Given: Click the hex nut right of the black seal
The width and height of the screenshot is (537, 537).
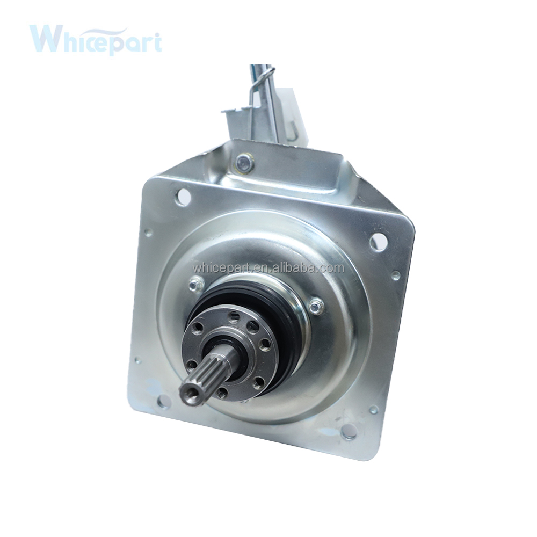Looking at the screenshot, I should pos(316,307).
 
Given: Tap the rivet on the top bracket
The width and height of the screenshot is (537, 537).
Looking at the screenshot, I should pos(244,163).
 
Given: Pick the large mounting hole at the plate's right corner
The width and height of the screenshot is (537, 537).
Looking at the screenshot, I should pos(378,242).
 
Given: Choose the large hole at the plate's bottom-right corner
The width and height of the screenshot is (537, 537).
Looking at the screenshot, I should pos(349,430).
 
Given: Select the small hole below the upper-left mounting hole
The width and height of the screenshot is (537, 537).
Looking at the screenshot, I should pos(147,233).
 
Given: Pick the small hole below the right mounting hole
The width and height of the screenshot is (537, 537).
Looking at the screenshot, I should pos(396,275).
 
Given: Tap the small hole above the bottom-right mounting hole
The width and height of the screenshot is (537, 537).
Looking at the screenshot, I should pos(373,409).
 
